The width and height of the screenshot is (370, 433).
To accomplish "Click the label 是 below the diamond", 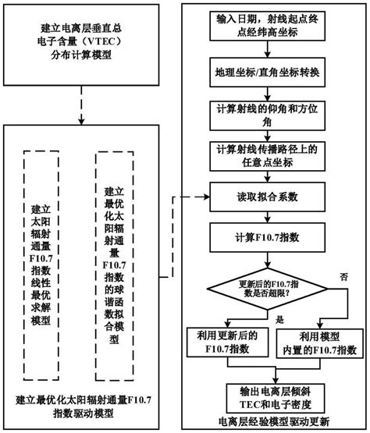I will tap(279, 319).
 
